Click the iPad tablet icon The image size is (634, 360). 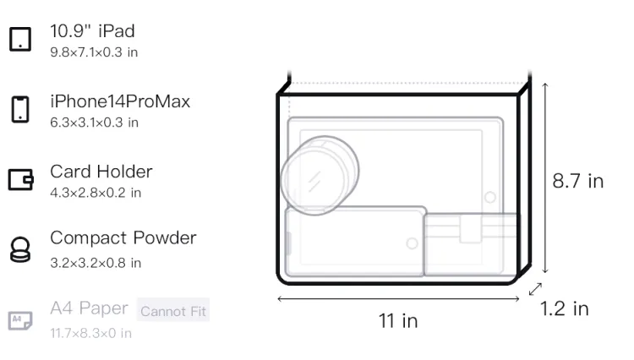click(x=20, y=39)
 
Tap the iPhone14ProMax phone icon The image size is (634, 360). click(x=20, y=109)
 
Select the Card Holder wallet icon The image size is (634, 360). click(x=20, y=179)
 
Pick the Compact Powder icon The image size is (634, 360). click(x=20, y=249)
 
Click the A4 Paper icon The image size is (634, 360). click(x=20, y=320)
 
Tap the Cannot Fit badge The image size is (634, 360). click(x=173, y=311)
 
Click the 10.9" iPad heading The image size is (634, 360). click(x=92, y=31)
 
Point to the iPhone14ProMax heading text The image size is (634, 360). click(x=120, y=101)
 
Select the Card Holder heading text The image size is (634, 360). click(x=101, y=172)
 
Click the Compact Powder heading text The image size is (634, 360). click(x=123, y=238)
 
